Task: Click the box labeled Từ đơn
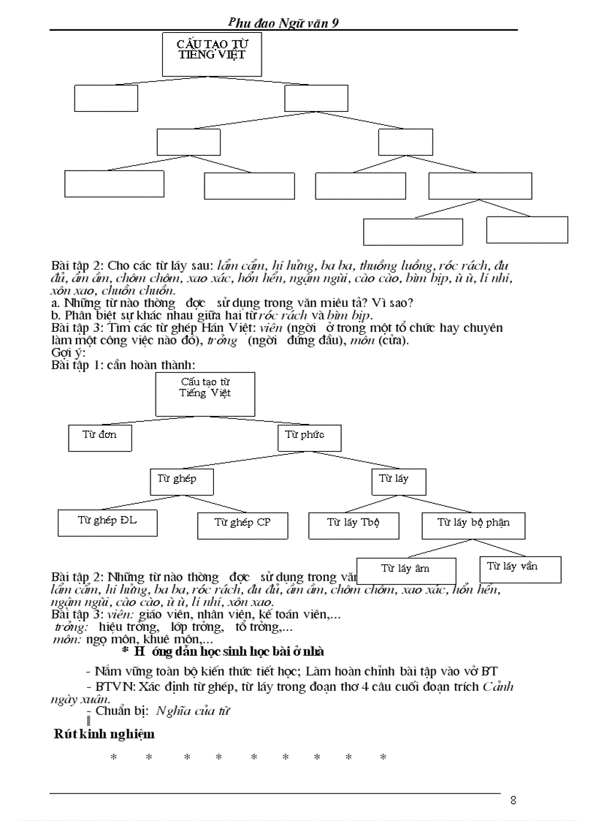pos(100,436)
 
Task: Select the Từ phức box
pos(310,436)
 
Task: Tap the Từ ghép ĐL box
pos(107,522)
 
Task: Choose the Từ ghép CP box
pos(242,524)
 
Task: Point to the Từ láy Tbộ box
pos(354,524)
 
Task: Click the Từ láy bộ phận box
pos(473,524)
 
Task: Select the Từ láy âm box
pos(405,570)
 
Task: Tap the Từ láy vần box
pos(519,568)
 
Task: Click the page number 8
pos(513,800)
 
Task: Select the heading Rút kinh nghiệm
pos(104,734)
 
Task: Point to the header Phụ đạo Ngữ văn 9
pos(283,23)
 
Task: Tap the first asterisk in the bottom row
pos(114,757)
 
